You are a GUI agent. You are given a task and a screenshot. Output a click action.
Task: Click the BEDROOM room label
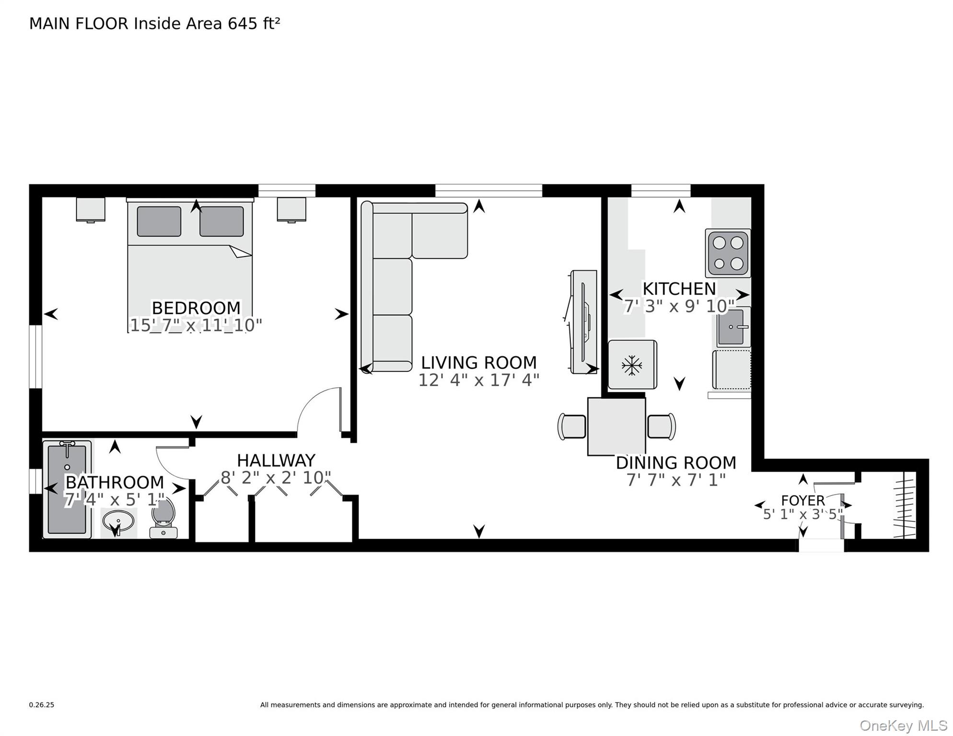tap(196, 308)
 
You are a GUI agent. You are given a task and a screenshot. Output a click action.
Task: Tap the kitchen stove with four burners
tap(728, 253)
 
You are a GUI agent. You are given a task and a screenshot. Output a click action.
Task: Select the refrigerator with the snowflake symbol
tap(632, 365)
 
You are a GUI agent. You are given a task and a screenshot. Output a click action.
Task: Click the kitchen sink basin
tap(731, 327)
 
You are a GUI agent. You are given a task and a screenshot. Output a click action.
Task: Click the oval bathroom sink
tap(118, 521)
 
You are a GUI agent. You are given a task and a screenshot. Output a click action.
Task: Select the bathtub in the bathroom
tap(67, 489)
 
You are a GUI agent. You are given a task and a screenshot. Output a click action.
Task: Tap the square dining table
tap(616, 426)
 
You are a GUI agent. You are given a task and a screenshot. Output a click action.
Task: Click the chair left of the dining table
tap(572, 426)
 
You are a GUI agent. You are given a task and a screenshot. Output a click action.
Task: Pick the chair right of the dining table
tap(662, 426)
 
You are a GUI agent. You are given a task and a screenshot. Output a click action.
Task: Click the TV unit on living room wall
tap(583, 322)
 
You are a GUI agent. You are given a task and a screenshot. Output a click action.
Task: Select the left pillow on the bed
tap(159, 221)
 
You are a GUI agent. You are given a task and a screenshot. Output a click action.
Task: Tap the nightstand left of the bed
tap(91, 209)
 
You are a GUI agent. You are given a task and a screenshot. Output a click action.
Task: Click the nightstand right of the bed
tap(291, 209)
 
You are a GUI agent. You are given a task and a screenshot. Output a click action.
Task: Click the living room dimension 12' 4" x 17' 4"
tap(478, 380)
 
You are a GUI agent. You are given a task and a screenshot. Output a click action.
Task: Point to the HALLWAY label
tap(276, 460)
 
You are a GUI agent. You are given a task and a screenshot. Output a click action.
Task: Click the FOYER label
tap(802, 501)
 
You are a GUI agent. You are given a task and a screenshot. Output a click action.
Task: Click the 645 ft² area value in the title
tap(254, 23)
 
